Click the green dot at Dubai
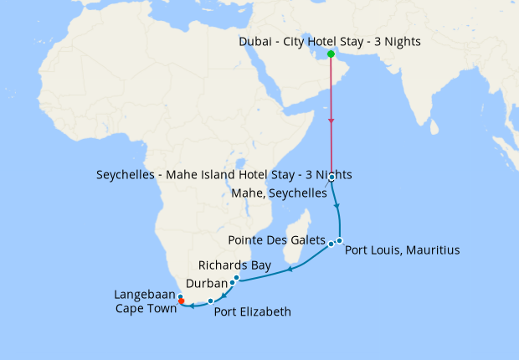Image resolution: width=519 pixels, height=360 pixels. pyautogui.click(x=331, y=54)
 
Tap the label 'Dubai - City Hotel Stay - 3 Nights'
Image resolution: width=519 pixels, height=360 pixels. pyautogui.click(x=330, y=41)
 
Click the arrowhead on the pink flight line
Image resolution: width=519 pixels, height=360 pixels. pyautogui.click(x=331, y=122)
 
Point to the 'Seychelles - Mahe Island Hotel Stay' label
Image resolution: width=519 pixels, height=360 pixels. pyautogui.click(x=224, y=175)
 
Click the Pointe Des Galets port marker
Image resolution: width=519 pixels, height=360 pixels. pyautogui.click(x=331, y=244)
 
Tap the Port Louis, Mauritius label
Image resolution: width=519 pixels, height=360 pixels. pyautogui.click(x=402, y=249)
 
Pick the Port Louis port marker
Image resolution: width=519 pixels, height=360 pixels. pyautogui.click(x=340, y=241)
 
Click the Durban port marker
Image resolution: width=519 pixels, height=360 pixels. pyautogui.click(x=232, y=283)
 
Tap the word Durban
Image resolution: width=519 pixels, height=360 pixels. pyautogui.click(x=206, y=283)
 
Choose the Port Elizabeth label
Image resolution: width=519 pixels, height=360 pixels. pyautogui.click(x=253, y=312)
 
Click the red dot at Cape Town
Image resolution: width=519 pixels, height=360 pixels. pyautogui.click(x=182, y=302)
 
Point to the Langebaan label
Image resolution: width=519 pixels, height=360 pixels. pyautogui.click(x=145, y=295)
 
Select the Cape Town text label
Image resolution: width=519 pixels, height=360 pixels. pyautogui.click(x=146, y=308)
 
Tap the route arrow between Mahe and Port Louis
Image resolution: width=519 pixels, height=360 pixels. pyautogui.click(x=337, y=206)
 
